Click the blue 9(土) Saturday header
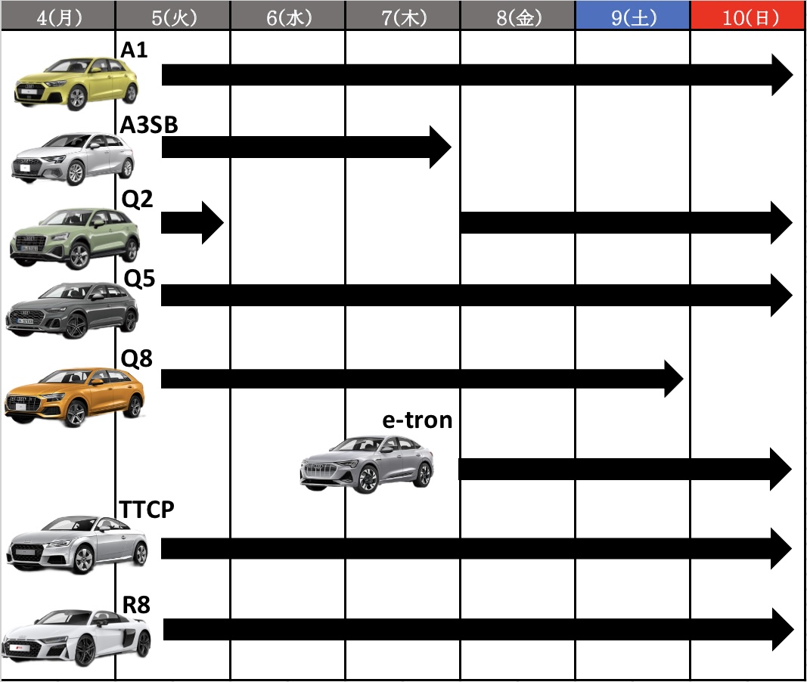[x=632, y=17]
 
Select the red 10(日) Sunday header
[x=748, y=17]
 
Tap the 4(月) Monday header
[x=58, y=17]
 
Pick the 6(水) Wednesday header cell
[x=288, y=17]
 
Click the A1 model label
[x=134, y=50]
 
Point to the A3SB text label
[x=149, y=125]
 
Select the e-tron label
[x=417, y=420]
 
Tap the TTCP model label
[x=147, y=509]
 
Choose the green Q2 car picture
[x=75, y=238]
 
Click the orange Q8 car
[x=75, y=396]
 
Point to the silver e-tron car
[x=367, y=464]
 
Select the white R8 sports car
[x=76, y=637]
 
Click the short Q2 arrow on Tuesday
[x=192, y=223]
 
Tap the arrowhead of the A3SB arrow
[x=440, y=147]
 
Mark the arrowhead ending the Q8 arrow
[x=674, y=379]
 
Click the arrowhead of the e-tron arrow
[x=781, y=469]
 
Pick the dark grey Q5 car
[x=72, y=310]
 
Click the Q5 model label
[x=139, y=278]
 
